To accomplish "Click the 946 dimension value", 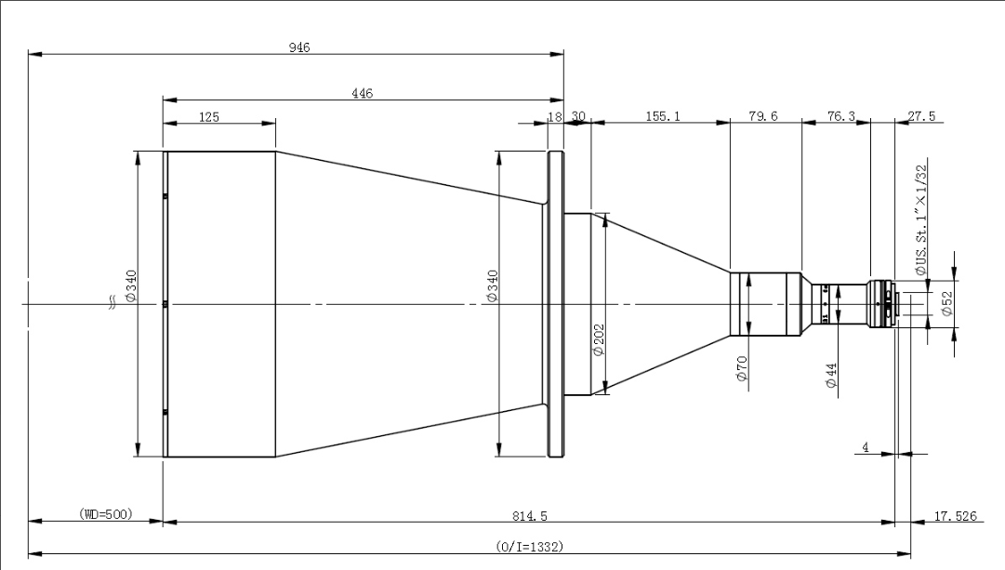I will pos(298,47).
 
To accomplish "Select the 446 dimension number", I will pos(363,93).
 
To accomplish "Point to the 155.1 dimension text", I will pos(661,116).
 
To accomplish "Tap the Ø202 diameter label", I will pos(598,339).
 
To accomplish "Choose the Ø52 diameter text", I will pos(947,304).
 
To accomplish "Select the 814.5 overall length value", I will pos(528,513).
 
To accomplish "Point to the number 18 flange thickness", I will pos(556,116).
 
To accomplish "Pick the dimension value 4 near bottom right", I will pos(866,447).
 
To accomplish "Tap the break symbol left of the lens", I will pos(113,301).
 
